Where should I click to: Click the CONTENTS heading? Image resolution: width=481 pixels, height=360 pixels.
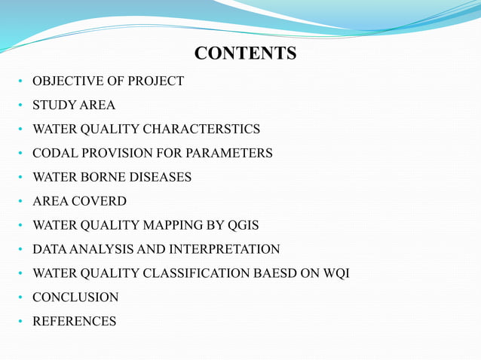tap(245, 53)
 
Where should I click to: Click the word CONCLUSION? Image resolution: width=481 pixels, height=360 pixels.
tap(75, 297)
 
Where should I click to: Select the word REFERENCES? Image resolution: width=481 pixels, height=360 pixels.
tap(74, 322)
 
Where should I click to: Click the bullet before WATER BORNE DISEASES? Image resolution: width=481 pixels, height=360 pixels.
tap(21, 178)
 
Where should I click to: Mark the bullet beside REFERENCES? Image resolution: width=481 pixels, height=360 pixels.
tap(21, 322)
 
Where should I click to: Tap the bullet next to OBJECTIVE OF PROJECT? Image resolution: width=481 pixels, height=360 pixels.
tap(21, 81)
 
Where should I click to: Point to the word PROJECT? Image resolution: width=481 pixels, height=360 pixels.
tap(157, 81)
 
